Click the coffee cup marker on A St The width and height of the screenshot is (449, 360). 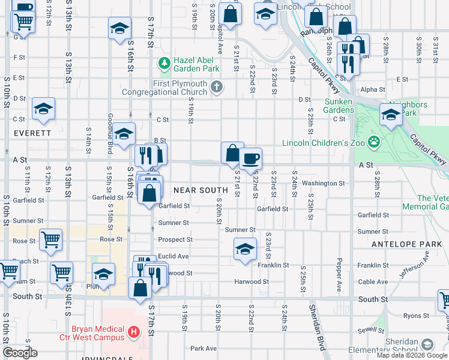[x=250, y=159]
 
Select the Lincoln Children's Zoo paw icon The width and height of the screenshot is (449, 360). [x=375, y=142]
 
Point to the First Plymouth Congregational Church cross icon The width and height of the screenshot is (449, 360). [x=216, y=88]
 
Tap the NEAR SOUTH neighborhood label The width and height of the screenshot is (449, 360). [x=193, y=190]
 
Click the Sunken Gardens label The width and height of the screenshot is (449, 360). [x=339, y=106]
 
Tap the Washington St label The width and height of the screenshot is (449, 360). [x=323, y=183]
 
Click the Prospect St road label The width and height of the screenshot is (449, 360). [x=175, y=239]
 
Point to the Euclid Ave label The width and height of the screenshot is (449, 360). [x=173, y=256]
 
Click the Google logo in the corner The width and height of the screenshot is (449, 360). [x=20, y=353]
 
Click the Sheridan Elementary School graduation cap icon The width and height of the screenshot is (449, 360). [x=427, y=345]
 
